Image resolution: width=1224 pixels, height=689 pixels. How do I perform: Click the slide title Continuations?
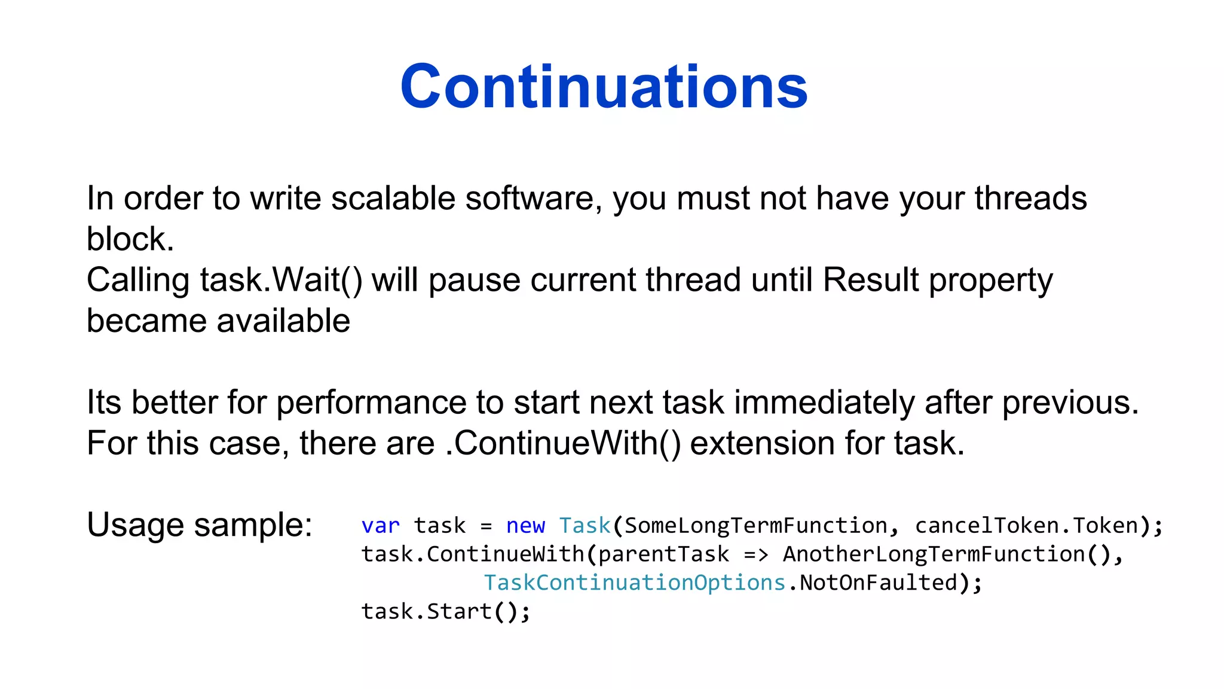click(x=604, y=87)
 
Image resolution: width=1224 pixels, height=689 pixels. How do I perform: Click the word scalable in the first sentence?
click(x=393, y=199)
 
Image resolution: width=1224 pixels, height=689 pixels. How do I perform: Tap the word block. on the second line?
click(x=130, y=239)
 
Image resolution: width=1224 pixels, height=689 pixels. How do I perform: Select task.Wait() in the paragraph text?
click(x=281, y=280)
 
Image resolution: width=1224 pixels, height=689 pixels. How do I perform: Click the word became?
click(x=146, y=321)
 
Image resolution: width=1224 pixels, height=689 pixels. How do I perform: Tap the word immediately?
click(x=824, y=403)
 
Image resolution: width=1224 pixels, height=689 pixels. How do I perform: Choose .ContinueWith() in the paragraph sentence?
click(x=563, y=444)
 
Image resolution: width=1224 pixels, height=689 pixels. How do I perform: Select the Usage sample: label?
click(x=200, y=525)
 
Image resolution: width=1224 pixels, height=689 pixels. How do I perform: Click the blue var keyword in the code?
click(x=380, y=526)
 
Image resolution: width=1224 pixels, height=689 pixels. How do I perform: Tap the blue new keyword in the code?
click(x=525, y=526)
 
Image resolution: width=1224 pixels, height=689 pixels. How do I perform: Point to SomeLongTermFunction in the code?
click(x=755, y=526)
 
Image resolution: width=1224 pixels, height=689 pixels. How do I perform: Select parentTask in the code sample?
click(x=663, y=554)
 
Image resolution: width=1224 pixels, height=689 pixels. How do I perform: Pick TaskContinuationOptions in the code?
click(x=634, y=583)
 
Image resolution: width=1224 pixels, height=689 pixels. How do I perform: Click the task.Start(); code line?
click(x=445, y=612)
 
